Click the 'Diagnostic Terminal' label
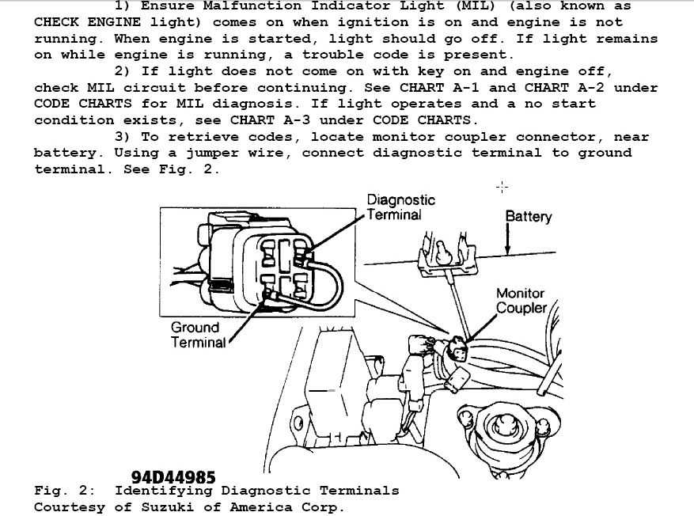(x=401, y=207)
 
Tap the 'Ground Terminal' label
(x=198, y=335)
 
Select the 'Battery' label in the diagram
(x=529, y=216)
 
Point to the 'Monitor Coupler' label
(x=521, y=301)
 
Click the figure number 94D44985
(x=173, y=477)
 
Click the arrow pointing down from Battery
(x=507, y=239)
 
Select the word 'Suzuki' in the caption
(x=167, y=507)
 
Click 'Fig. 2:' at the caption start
(x=65, y=491)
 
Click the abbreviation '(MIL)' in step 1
(x=476, y=6)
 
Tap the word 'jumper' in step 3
(x=212, y=154)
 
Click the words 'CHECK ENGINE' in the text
(x=87, y=22)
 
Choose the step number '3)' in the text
(x=123, y=137)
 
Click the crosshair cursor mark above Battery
(x=502, y=187)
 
